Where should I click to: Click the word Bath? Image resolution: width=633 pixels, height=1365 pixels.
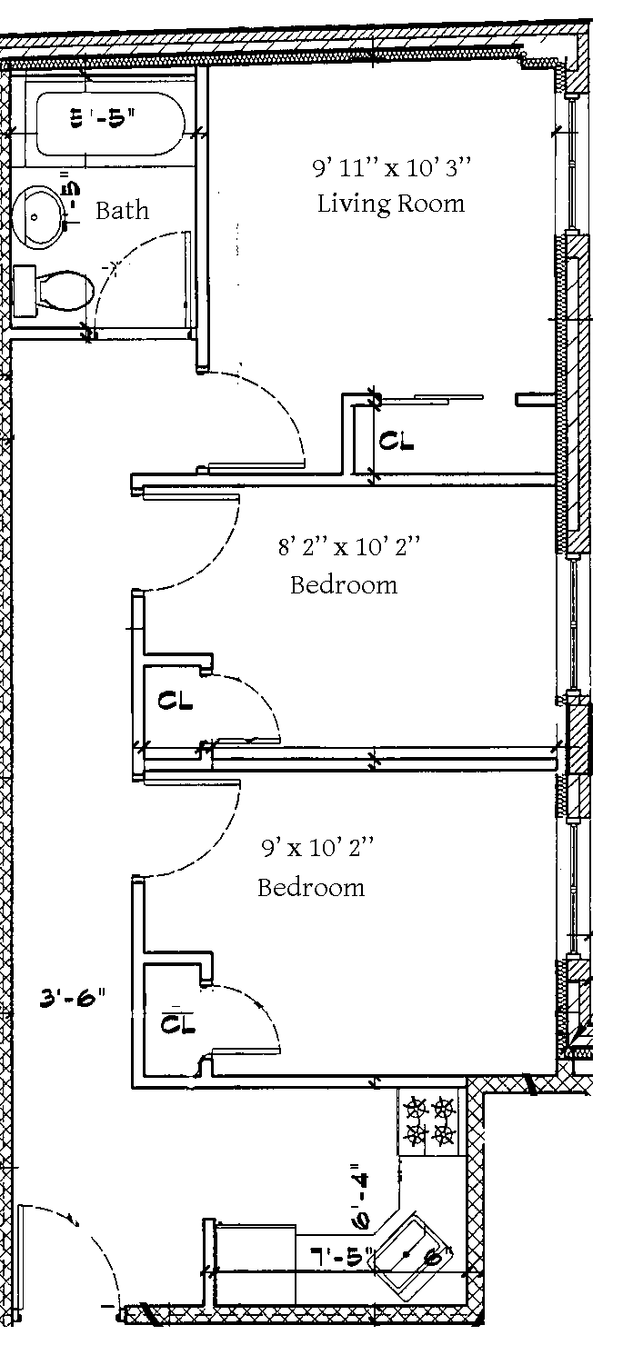point(122,211)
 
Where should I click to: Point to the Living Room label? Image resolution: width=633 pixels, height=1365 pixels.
point(390,203)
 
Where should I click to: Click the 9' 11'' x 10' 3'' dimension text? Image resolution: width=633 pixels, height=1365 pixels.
point(393,168)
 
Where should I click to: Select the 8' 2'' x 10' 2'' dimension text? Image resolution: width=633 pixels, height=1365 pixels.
point(349,547)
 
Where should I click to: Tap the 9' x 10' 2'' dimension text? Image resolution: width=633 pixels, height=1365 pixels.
point(317,849)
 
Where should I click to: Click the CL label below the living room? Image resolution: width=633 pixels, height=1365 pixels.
point(397,443)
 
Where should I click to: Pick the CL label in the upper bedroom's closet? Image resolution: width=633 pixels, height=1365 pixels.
point(175,701)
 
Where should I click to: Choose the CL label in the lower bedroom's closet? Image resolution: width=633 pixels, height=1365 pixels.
point(177,1023)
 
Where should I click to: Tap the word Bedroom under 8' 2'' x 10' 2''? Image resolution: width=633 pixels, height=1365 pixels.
point(344,584)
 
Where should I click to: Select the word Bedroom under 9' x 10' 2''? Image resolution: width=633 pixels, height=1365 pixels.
point(311,887)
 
